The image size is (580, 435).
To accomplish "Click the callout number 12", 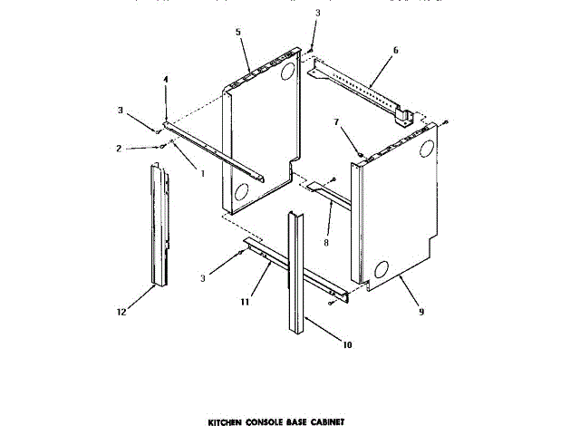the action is pyautogui.click(x=121, y=314).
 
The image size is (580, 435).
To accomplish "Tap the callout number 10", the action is pyautogui.click(x=347, y=344).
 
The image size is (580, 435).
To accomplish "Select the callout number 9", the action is pyautogui.click(x=420, y=312).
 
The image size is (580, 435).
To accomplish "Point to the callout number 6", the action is pyautogui.click(x=396, y=52).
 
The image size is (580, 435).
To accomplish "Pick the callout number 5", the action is pyautogui.click(x=237, y=33).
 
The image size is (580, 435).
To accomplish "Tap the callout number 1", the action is pyautogui.click(x=202, y=173).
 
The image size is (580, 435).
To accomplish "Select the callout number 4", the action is pyautogui.click(x=166, y=81).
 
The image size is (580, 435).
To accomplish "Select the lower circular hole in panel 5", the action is pyautogui.click(x=241, y=192).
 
